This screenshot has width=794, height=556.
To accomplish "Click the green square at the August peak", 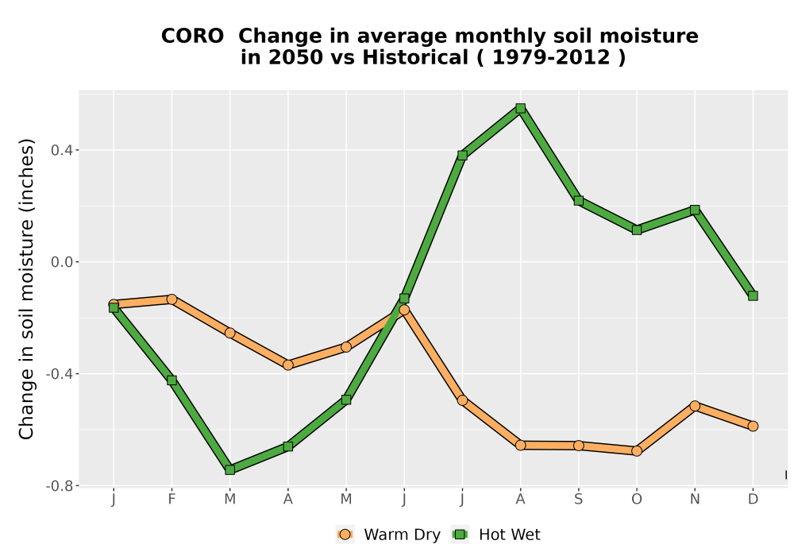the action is click(520, 108).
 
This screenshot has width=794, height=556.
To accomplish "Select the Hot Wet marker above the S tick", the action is click(578, 200).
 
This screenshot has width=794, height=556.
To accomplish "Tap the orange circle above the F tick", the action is click(172, 299).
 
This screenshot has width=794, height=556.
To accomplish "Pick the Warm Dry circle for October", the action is click(637, 450).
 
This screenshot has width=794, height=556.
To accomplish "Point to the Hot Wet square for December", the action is click(753, 295).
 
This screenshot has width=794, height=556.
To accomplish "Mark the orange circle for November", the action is click(695, 406).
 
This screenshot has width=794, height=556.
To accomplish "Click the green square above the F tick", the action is click(172, 380).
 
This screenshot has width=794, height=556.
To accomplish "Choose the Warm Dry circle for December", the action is click(753, 426).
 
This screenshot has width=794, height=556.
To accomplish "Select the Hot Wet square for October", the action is click(637, 230).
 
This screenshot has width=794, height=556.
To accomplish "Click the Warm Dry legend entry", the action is click(388, 535).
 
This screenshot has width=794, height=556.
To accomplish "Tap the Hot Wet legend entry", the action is click(495, 535).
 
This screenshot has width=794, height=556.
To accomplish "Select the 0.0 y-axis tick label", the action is click(62, 262).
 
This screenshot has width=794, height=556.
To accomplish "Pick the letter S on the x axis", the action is click(578, 500).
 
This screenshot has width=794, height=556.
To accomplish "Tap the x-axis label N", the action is click(695, 500).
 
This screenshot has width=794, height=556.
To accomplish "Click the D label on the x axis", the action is click(753, 500).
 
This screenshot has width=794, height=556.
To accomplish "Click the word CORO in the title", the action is click(192, 36).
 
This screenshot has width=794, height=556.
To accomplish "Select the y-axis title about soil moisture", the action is click(26, 289).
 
